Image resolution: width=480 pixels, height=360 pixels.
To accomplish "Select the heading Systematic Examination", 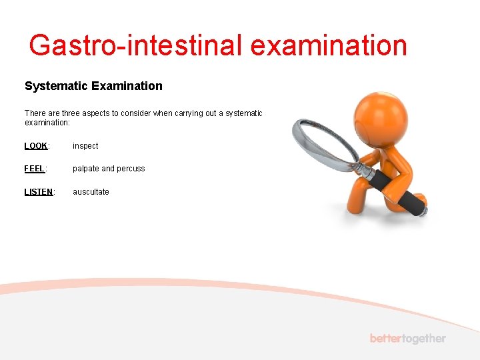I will click(x=93, y=86).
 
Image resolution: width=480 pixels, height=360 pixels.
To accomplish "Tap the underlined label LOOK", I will click(x=36, y=146).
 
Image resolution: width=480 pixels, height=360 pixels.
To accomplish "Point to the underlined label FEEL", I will click(x=35, y=169).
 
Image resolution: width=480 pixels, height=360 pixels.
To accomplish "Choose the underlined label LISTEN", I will click(x=39, y=192).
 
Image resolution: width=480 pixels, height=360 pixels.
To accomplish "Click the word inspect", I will click(x=85, y=146).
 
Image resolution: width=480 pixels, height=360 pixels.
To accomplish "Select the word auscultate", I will click(x=91, y=192).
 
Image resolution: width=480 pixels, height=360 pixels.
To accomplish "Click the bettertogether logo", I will click(x=407, y=339).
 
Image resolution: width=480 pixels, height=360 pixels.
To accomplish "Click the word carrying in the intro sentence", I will click(x=189, y=113).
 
